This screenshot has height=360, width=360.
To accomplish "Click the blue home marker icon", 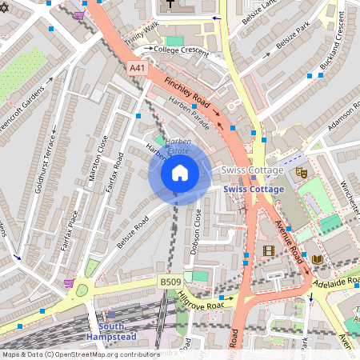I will pos(180,173).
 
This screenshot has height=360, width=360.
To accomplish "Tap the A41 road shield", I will pos(138,70).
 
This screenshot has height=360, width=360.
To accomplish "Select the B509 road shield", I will pos(169,282).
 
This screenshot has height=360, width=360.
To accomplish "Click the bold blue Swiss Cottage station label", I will pos(254,189).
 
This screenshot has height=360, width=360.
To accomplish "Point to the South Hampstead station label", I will pos(122,333).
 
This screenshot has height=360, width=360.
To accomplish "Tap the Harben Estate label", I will pos(168,148).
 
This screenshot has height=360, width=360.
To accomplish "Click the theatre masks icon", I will pos(302,171).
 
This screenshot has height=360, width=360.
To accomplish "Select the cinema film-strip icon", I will pos(268,251).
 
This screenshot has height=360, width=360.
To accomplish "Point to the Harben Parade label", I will pos(190,113).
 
